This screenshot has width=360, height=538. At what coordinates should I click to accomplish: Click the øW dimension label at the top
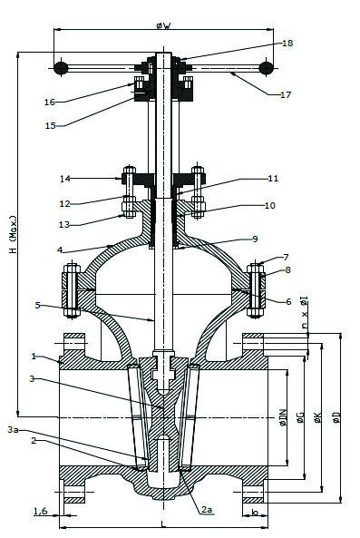(x=163, y=25)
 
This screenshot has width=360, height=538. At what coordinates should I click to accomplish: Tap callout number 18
(x=287, y=44)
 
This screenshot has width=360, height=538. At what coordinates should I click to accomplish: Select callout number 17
(x=286, y=94)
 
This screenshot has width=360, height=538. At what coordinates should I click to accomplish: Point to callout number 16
(x=50, y=102)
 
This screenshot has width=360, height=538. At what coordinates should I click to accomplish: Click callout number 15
(x=51, y=125)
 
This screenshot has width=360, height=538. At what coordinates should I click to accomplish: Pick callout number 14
(x=64, y=179)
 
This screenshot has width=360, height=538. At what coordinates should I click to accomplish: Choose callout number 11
(x=273, y=179)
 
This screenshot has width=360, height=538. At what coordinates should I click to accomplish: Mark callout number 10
(x=270, y=205)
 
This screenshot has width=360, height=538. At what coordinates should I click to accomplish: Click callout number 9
(x=255, y=239)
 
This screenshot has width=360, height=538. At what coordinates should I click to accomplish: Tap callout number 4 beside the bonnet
(x=60, y=249)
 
